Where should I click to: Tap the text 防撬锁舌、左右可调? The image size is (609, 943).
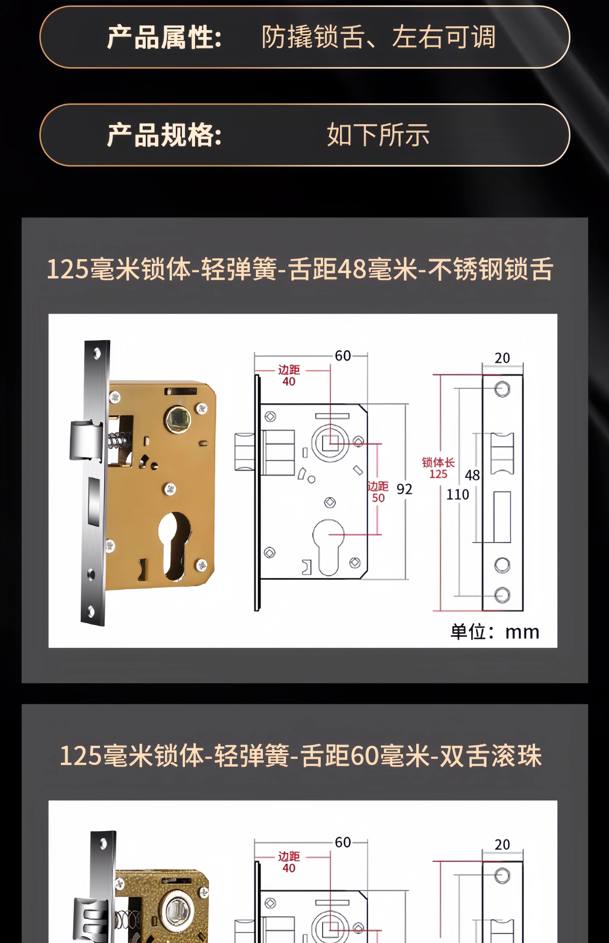pyautogui.click(x=378, y=37)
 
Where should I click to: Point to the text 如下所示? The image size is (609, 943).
pyautogui.click(x=378, y=135)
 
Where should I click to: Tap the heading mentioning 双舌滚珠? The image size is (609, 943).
pyautogui.click(x=301, y=756)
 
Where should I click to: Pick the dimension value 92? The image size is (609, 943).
pyautogui.click(x=404, y=489)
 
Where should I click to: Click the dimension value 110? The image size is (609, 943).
pyautogui.click(x=457, y=495)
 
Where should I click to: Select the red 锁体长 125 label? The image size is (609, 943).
pyautogui.click(x=438, y=468)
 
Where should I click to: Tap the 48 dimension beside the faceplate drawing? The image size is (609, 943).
pyautogui.click(x=472, y=475)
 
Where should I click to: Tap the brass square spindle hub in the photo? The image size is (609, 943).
pyautogui.click(x=178, y=419)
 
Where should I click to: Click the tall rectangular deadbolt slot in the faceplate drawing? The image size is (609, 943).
pyautogui.click(x=502, y=517)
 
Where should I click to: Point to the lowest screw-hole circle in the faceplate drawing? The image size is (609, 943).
pyautogui.click(x=502, y=595)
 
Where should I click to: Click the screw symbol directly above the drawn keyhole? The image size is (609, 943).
pyautogui.click(x=330, y=502)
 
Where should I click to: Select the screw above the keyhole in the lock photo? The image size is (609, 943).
pyautogui.click(x=170, y=489)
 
